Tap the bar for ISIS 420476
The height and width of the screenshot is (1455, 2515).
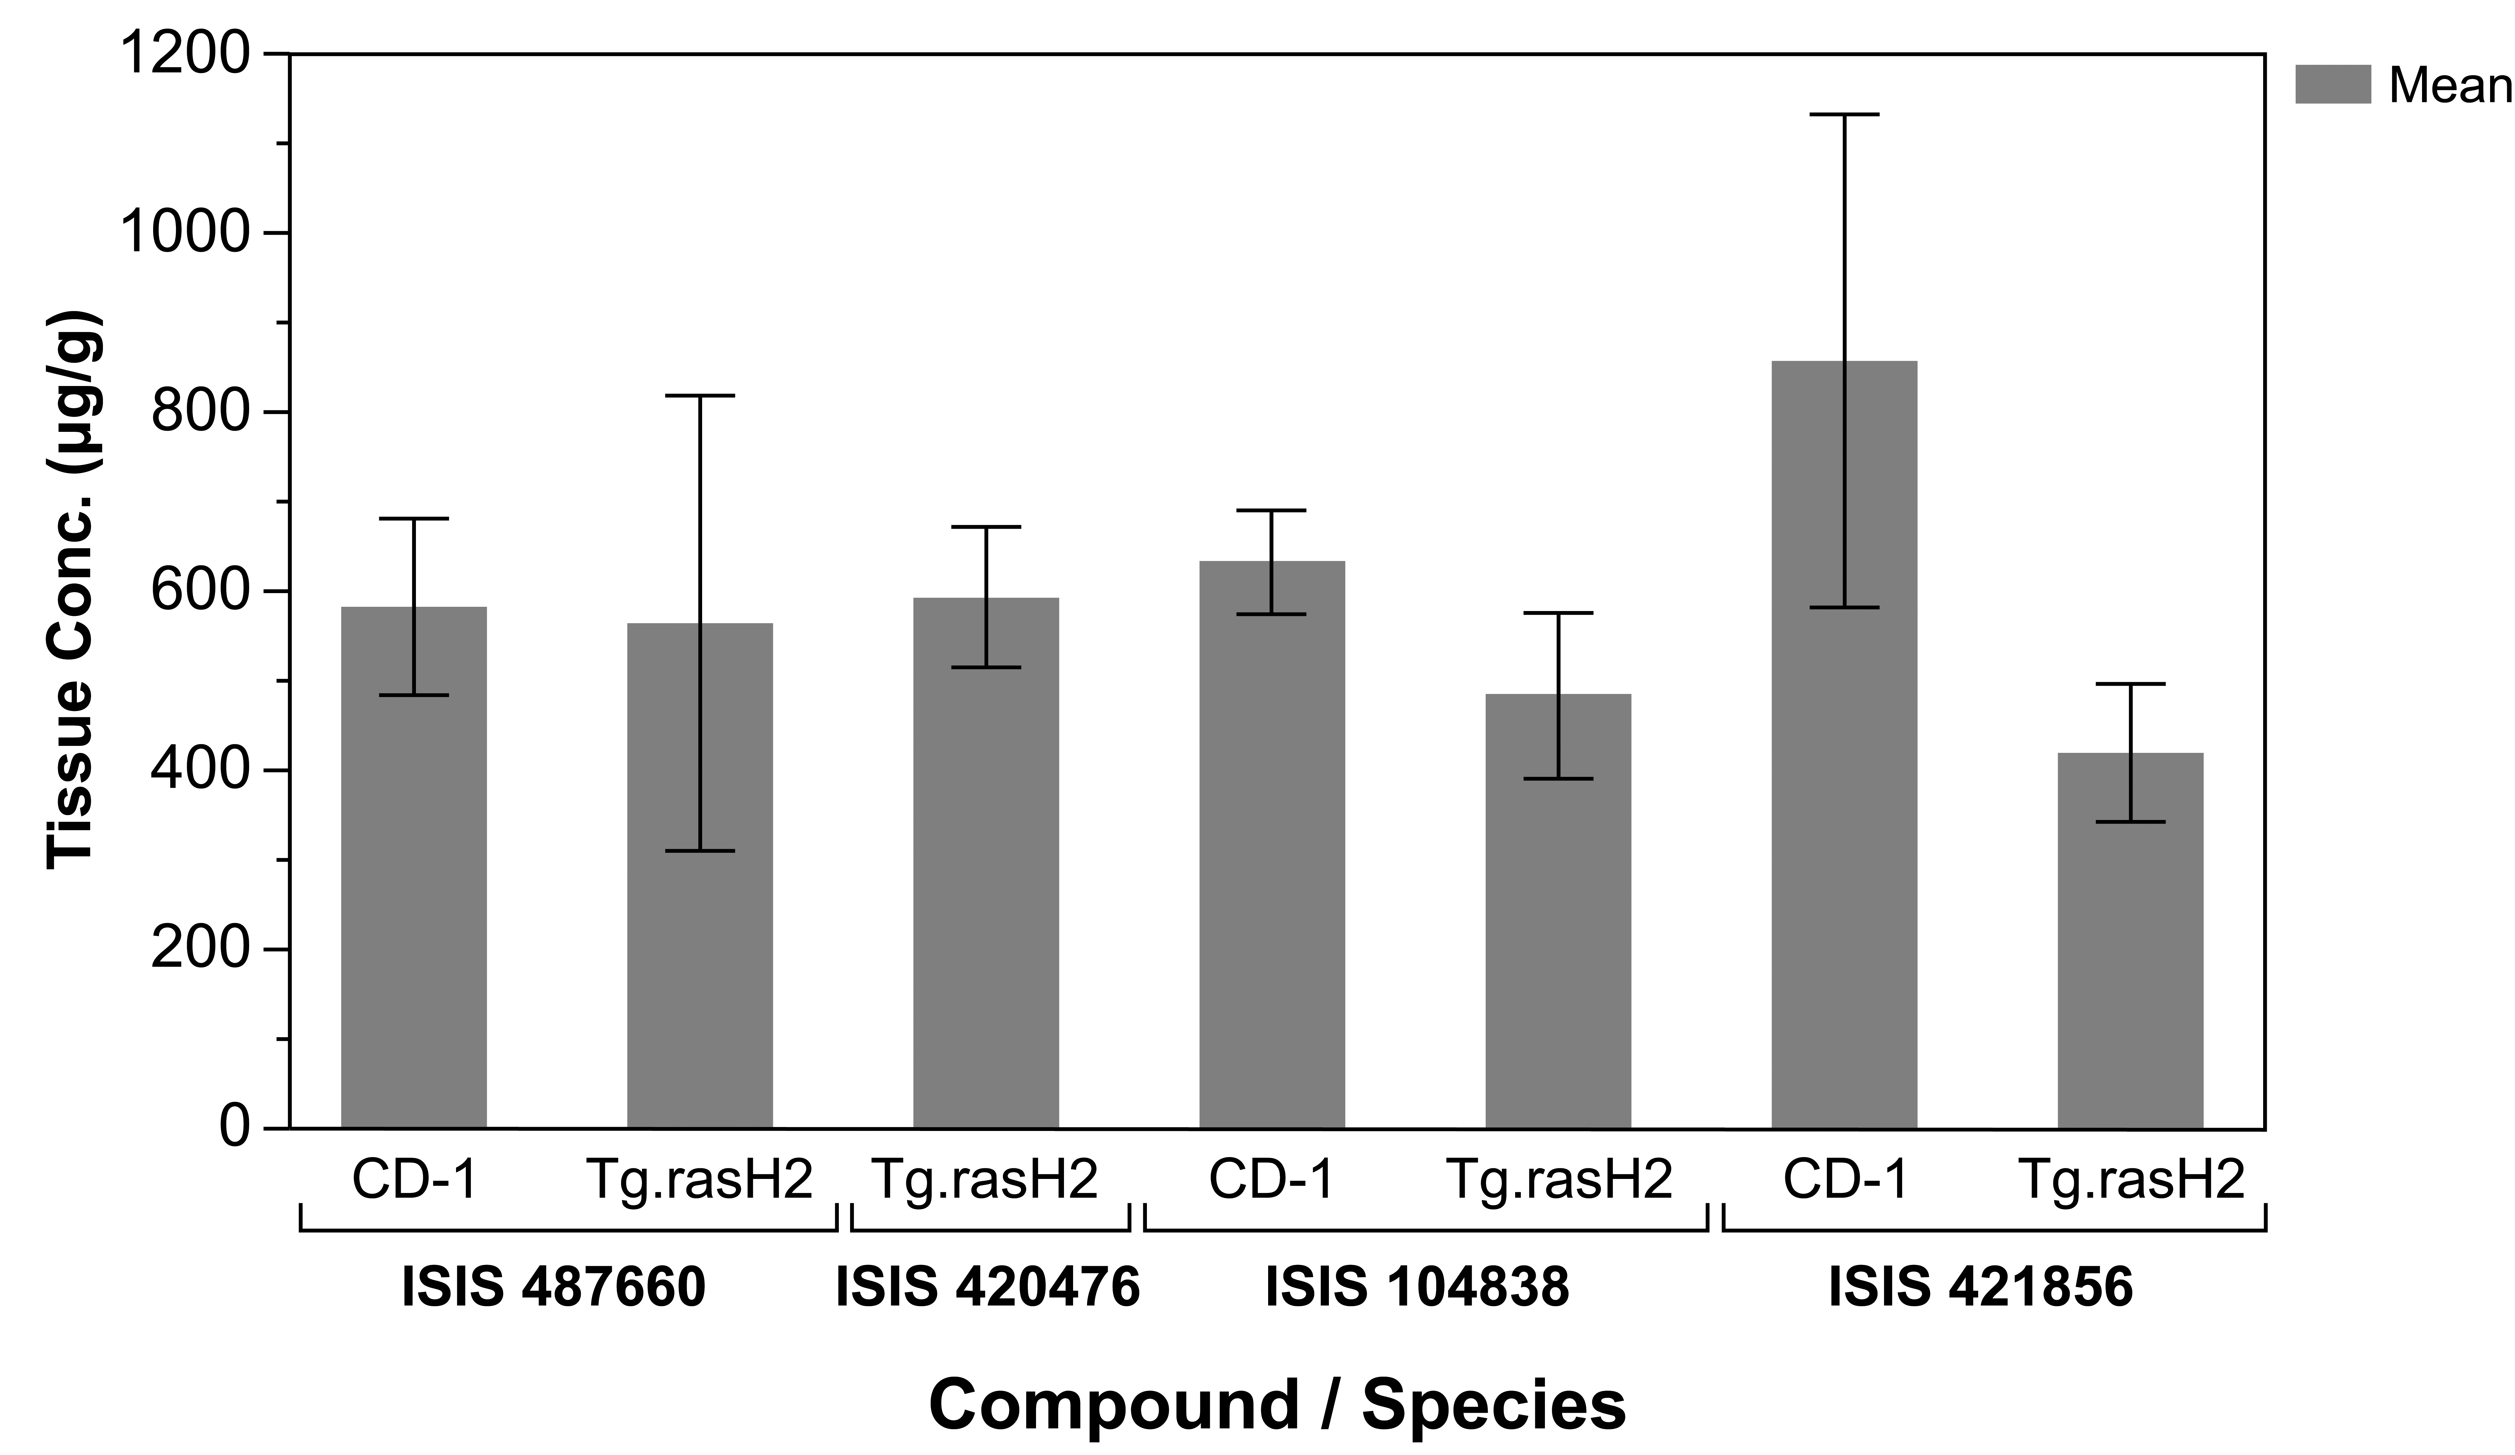coord(986,863)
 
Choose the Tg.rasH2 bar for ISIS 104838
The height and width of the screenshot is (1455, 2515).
coord(1558,911)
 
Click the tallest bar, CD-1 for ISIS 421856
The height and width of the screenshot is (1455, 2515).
coord(1844,744)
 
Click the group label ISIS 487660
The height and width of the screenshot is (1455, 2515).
coord(554,1287)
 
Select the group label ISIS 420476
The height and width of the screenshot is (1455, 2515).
coord(988,1287)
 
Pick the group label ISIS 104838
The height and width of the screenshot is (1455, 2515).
coord(1417,1287)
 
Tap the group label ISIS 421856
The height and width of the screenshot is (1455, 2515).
coord(1981,1287)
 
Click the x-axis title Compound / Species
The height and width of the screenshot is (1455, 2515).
coord(1278,1405)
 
